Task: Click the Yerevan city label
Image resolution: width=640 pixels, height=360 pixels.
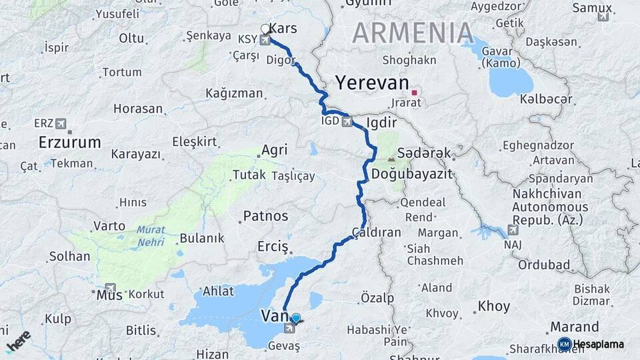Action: [372, 83]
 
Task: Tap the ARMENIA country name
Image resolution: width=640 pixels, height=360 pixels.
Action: [413, 33]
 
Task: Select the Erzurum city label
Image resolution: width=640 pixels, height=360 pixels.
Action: [69, 142]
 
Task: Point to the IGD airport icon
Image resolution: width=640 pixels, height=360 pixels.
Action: [346, 122]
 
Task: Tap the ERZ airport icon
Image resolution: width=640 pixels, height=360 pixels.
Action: [62, 123]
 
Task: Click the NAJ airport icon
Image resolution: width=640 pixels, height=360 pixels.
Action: [513, 230]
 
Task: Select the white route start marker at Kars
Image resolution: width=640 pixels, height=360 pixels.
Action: [265, 29]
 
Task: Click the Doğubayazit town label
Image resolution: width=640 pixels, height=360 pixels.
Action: [411, 174]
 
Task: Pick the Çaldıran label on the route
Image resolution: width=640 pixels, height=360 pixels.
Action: [377, 233]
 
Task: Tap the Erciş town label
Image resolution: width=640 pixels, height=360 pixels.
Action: [273, 247]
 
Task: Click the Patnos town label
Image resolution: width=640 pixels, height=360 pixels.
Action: [265, 216]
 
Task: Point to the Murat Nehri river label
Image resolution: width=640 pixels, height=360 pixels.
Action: [150, 236]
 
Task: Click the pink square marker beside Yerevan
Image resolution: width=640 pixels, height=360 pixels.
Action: [415, 93]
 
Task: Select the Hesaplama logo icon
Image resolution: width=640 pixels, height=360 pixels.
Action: [564, 344]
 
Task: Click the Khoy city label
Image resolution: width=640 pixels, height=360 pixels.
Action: [494, 307]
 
